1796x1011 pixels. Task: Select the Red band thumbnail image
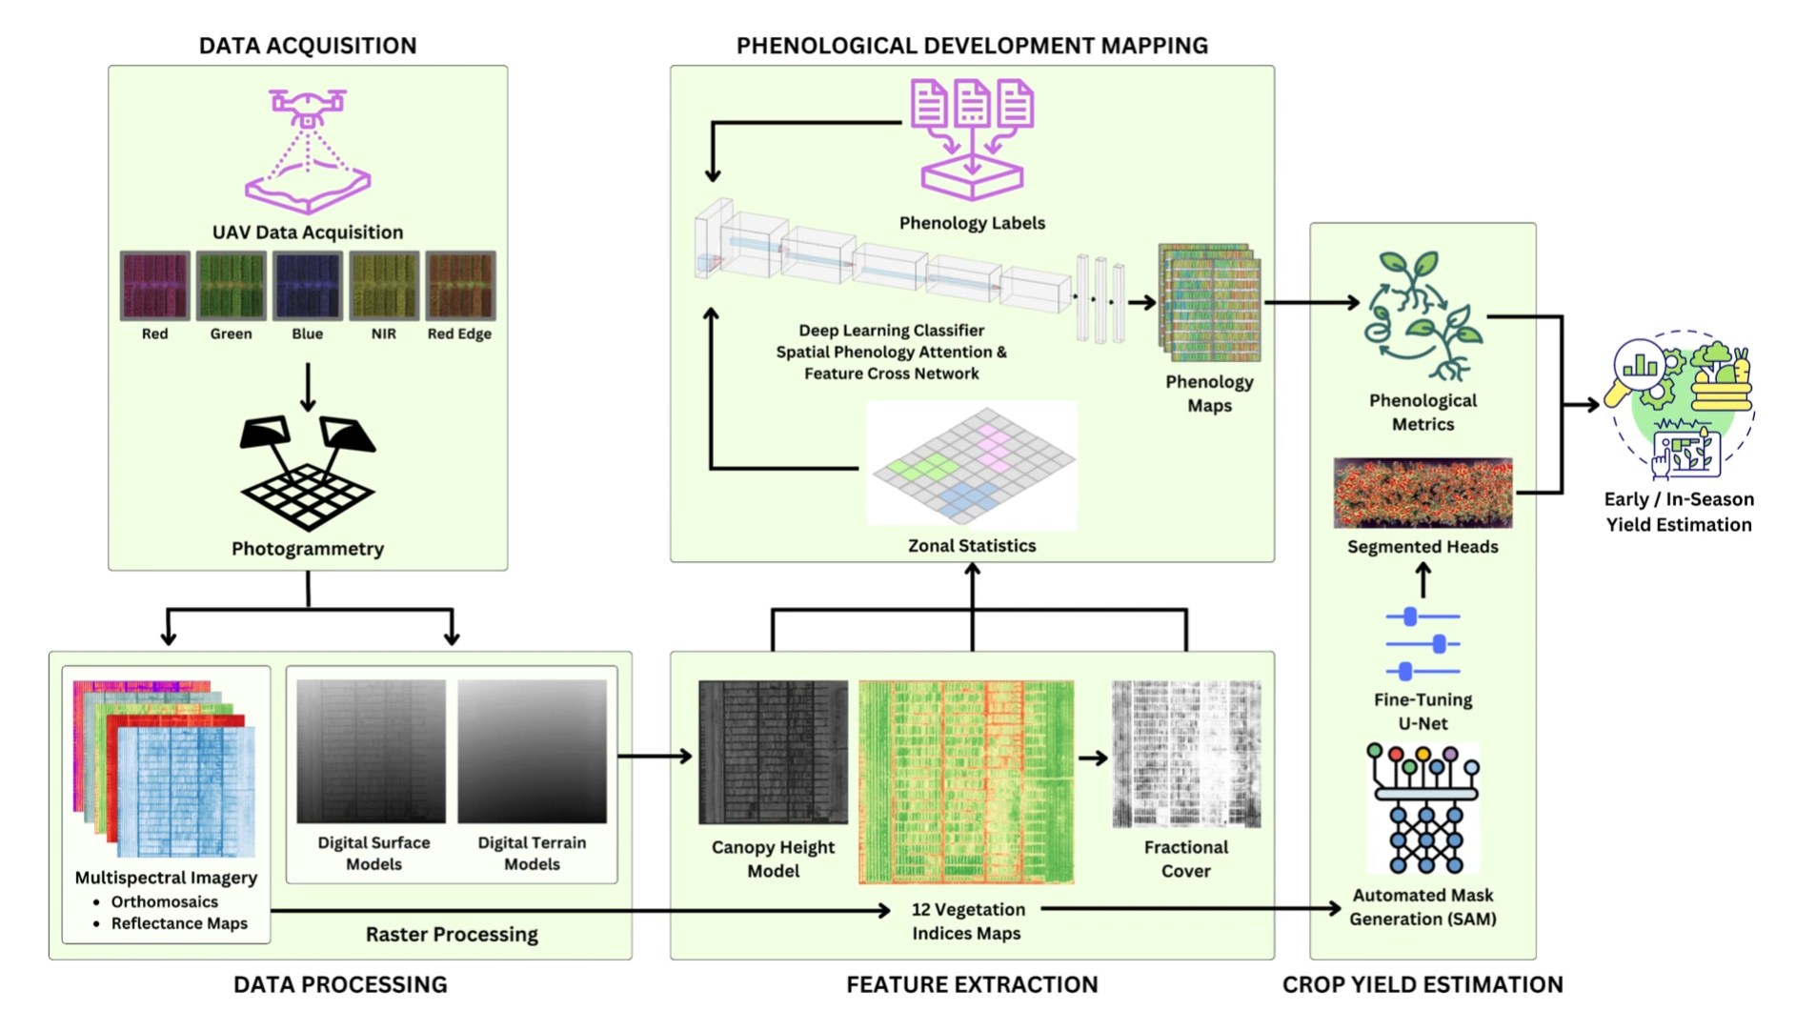tap(155, 285)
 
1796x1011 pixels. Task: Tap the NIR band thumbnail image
tap(384, 285)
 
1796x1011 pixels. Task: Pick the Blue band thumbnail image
tap(308, 285)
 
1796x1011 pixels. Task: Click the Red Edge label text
tap(459, 334)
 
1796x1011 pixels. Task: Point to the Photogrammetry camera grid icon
tap(308, 473)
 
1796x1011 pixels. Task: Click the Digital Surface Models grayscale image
tap(371, 751)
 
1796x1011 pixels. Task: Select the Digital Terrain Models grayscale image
tap(532, 751)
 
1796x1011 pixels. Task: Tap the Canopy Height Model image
tap(773, 752)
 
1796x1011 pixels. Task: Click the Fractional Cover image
tap(1186, 754)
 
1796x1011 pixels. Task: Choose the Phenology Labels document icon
tap(972, 139)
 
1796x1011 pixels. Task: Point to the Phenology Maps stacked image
tap(1209, 303)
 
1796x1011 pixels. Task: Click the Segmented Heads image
tap(1423, 493)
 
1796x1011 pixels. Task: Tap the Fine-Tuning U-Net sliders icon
tap(1423, 644)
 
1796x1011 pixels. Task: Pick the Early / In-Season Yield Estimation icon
tap(1680, 405)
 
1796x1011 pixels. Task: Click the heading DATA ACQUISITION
tap(308, 46)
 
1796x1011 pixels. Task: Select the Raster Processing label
tap(452, 934)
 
